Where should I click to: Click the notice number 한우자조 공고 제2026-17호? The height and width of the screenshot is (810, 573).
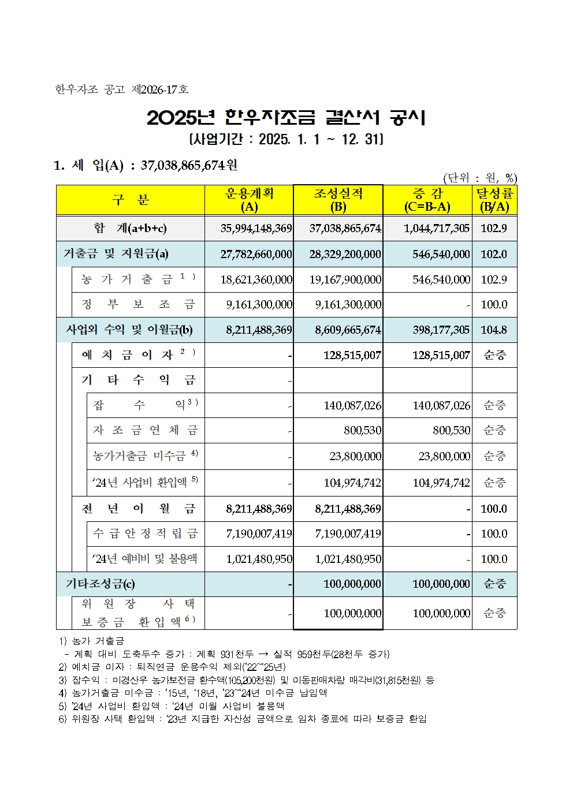122,89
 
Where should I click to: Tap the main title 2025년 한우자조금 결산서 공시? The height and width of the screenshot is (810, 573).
286,118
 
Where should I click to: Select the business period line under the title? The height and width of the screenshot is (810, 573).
286,139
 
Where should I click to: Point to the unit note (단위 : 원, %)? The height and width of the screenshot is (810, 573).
479,178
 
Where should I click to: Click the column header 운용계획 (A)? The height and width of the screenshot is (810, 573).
249,200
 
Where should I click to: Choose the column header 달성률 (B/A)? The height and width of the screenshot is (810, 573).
494,200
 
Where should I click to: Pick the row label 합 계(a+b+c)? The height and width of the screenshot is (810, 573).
131,228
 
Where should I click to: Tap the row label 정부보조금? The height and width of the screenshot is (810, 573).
139,304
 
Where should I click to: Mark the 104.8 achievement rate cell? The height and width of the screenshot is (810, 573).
494,330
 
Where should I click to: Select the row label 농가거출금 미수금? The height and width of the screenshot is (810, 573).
145,456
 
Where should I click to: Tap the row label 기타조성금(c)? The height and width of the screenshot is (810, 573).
101,584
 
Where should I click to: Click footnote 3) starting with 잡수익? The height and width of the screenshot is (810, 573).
247,680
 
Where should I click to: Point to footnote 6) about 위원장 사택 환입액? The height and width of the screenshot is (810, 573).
243,719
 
